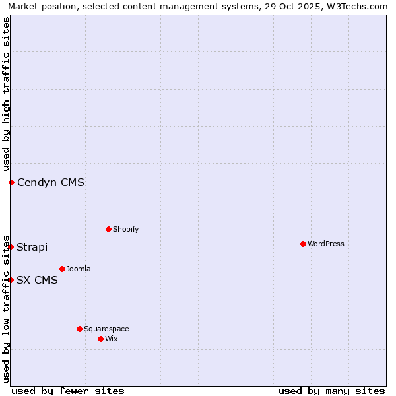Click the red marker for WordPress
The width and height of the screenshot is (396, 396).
[303, 244]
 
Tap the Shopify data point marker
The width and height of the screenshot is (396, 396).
[108, 229]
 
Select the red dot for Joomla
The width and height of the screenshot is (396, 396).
[62, 269]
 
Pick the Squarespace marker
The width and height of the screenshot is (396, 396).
[79, 329]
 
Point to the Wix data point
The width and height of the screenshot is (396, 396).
[100, 339]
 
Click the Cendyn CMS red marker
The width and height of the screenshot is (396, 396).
[11, 182]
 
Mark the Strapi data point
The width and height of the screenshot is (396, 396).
[11, 247]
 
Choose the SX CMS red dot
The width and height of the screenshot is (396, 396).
[11, 280]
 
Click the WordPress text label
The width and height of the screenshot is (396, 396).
[326, 244]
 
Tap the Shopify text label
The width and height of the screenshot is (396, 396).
[125, 229]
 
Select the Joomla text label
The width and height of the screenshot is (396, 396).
[79, 269]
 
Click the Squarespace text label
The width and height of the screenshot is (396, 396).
[106, 329]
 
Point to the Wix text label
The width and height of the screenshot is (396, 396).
[111, 339]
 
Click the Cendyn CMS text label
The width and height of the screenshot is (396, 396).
[51, 182]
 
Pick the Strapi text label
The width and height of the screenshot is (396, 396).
[32, 247]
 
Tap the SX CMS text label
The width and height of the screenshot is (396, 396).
[37, 280]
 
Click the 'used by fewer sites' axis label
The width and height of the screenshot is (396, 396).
[68, 391]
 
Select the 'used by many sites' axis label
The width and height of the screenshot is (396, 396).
[331, 391]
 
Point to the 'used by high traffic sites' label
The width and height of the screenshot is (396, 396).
[6, 94]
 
